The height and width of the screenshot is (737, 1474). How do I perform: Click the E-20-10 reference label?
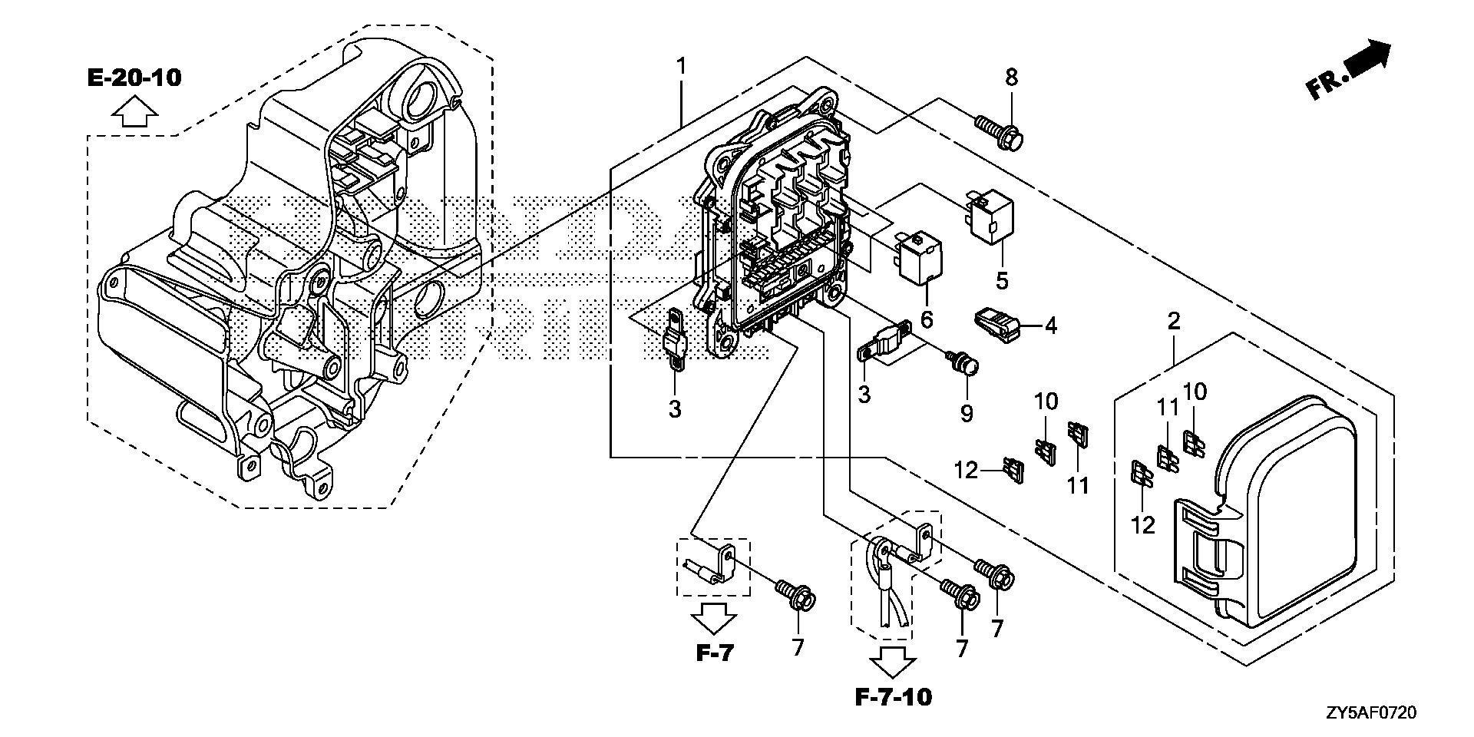click(x=134, y=78)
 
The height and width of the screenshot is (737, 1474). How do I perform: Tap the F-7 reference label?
click(x=715, y=653)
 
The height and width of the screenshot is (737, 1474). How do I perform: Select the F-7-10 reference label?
click(x=893, y=697)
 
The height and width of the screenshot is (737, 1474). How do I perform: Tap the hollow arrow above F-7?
click(x=715, y=617)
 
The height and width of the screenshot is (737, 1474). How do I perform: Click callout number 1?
click(x=680, y=66)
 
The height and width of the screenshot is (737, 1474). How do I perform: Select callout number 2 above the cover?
click(x=1174, y=321)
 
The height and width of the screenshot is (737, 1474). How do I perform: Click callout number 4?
click(x=1050, y=326)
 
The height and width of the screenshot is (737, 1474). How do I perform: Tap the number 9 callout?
click(x=967, y=413)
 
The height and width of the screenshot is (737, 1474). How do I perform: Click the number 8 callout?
click(x=1011, y=77)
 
